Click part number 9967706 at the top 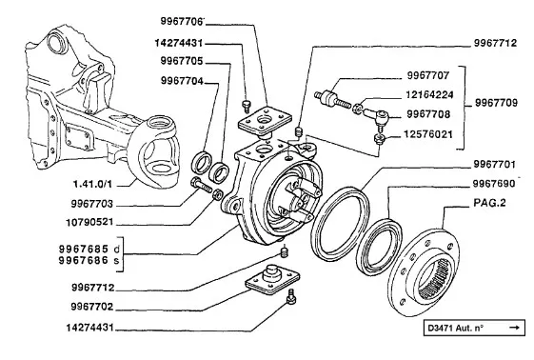click(x=182, y=21)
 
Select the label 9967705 click(x=182, y=61)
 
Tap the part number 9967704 click(x=182, y=81)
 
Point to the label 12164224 click(x=429, y=94)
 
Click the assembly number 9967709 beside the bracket click(x=496, y=103)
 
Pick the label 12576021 click(x=428, y=134)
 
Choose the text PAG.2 click(x=489, y=203)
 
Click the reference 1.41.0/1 click(x=92, y=184)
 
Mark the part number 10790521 click(x=89, y=222)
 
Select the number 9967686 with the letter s click(x=89, y=261)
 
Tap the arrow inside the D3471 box click(x=515, y=328)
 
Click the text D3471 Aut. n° click(x=456, y=328)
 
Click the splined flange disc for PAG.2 click(x=424, y=271)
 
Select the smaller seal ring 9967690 click(x=363, y=246)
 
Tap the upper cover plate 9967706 click(x=265, y=122)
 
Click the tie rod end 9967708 click(x=377, y=117)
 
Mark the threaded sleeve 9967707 click(x=331, y=98)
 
